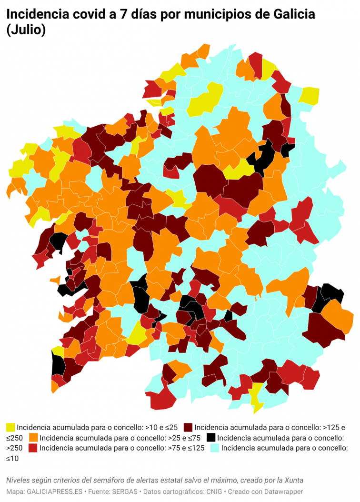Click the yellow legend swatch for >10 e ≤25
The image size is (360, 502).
[x=10, y=427]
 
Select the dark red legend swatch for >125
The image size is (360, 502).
[x=188, y=427]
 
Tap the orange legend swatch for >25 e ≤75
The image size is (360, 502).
[x=33, y=437]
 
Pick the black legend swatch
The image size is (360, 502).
[x=211, y=437]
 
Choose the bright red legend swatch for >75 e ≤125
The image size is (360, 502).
[x=33, y=448]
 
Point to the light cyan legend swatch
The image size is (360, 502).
[x=215, y=448]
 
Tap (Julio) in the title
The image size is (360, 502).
[x=26, y=30]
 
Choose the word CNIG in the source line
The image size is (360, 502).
[x=212, y=491]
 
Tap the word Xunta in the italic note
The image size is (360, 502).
[x=293, y=480]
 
